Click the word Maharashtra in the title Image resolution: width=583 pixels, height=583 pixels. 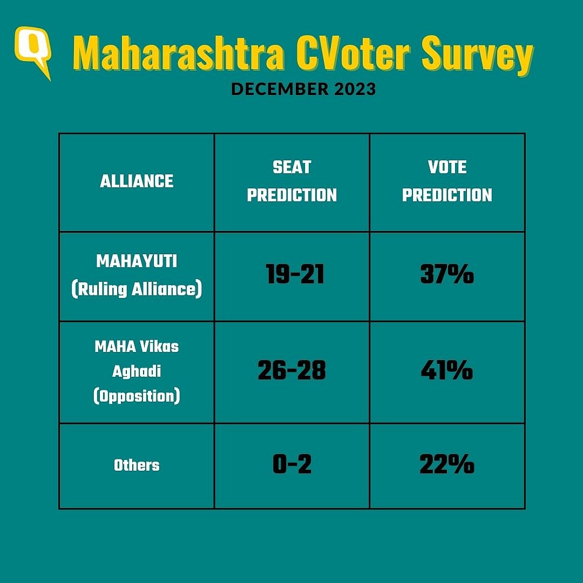coord(178,54)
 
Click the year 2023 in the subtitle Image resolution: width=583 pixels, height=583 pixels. coord(354,89)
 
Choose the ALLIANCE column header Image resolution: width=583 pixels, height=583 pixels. coord(137,181)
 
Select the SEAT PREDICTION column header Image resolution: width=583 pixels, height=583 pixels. coord(291,181)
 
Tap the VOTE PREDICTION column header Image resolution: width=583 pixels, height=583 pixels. coord(447,181)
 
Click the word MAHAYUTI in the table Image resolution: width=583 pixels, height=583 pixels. coord(137,262)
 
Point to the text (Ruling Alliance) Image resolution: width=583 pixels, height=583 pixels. coord(137,289)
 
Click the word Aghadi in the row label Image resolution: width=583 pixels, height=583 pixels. coord(137,371)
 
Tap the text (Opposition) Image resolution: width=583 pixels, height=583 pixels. coord(137,397)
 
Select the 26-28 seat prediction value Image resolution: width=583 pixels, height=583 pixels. coord(291,371)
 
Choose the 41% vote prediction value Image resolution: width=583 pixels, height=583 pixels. coord(447,371)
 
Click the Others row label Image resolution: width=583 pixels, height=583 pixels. coord(137,465)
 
